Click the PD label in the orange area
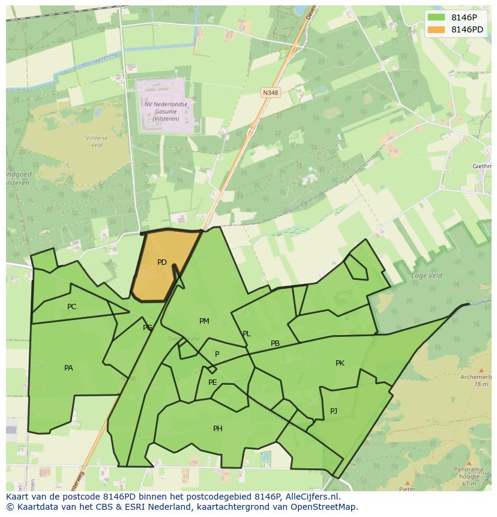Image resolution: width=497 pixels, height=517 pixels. click(x=162, y=262)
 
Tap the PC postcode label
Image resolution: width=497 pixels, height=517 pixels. click(x=72, y=307)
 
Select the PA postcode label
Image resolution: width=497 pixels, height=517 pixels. click(x=68, y=368)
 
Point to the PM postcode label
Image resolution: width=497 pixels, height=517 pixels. click(x=204, y=321)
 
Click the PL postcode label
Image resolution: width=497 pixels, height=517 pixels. click(x=246, y=334)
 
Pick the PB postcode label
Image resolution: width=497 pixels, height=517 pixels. click(x=275, y=343)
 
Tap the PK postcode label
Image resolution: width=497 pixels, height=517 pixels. click(x=340, y=363)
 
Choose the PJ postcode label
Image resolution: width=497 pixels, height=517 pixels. click(x=334, y=411)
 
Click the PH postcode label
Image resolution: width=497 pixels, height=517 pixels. click(x=218, y=429)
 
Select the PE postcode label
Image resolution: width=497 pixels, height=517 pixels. click(x=212, y=382)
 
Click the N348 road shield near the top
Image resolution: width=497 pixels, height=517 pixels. click(x=271, y=92)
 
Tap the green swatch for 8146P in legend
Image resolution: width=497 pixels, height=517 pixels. click(x=436, y=17)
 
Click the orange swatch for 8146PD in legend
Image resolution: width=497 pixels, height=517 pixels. click(x=436, y=29)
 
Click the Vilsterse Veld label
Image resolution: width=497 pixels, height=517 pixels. click(x=96, y=141)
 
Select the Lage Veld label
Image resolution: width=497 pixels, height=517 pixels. click(x=426, y=276)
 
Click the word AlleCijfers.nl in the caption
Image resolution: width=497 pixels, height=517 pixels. click(x=312, y=497)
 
